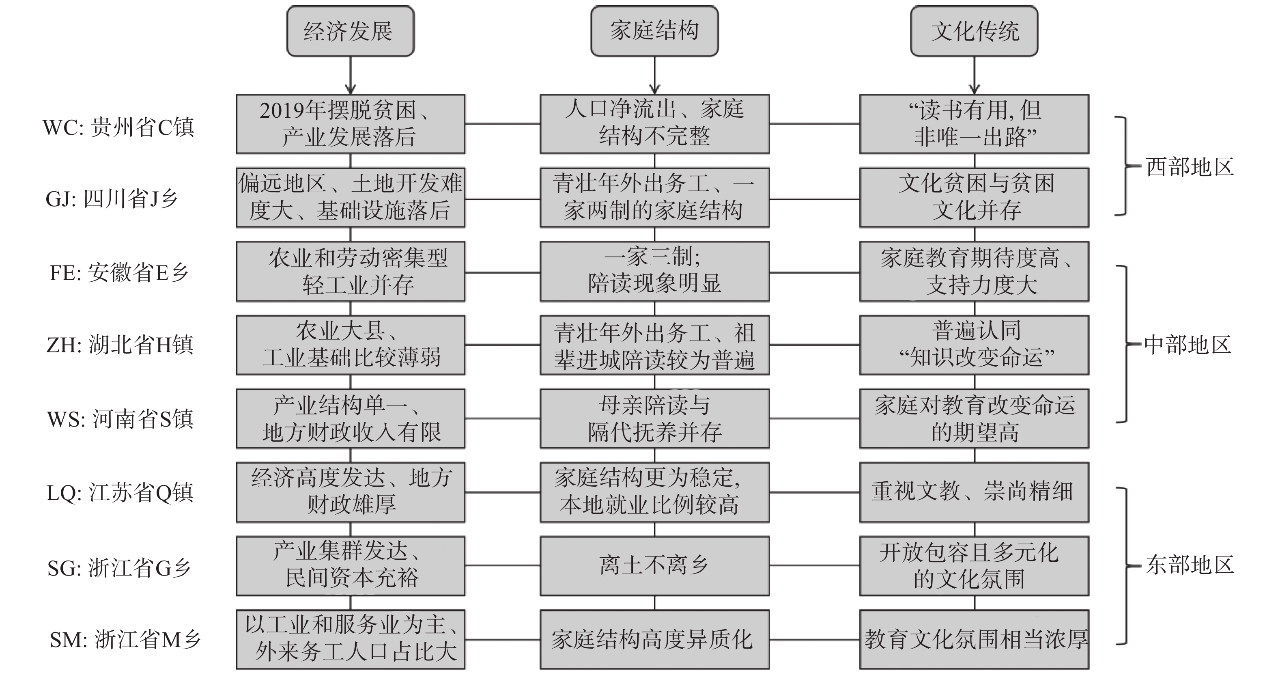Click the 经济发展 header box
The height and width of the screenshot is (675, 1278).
pyautogui.click(x=350, y=31)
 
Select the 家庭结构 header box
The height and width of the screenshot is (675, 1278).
pyautogui.click(x=654, y=31)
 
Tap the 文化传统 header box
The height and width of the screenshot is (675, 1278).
pyautogui.click(x=974, y=31)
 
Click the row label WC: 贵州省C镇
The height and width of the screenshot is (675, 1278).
pyautogui.click(x=118, y=127)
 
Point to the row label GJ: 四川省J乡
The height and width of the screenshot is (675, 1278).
pyautogui.click(x=112, y=199)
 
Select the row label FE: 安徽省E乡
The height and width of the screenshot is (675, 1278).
pyautogui.click(x=119, y=272)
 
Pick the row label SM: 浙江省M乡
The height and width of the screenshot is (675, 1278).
pyautogui.click(x=125, y=640)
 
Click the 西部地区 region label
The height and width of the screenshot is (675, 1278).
pyautogui.click(x=1189, y=167)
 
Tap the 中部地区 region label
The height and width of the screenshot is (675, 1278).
pyautogui.click(x=1188, y=345)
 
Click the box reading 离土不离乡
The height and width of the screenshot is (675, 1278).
pyautogui.click(x=654, y=566)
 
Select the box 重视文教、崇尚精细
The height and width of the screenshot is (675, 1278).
pyautogui.click(x=974, y=492)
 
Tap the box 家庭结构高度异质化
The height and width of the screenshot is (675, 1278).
pyautogui.click(x=654, y=640)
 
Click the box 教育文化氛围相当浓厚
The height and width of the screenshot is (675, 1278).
pyautogui.click(x=974, y=640)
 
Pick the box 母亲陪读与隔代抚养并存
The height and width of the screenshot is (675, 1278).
pyautogui.click(x=654, y=419)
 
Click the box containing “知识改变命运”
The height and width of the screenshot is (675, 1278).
pyautogui.click(x=974, y=345)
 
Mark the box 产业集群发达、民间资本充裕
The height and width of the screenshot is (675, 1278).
pyautogui.click(x=350, y=566)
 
